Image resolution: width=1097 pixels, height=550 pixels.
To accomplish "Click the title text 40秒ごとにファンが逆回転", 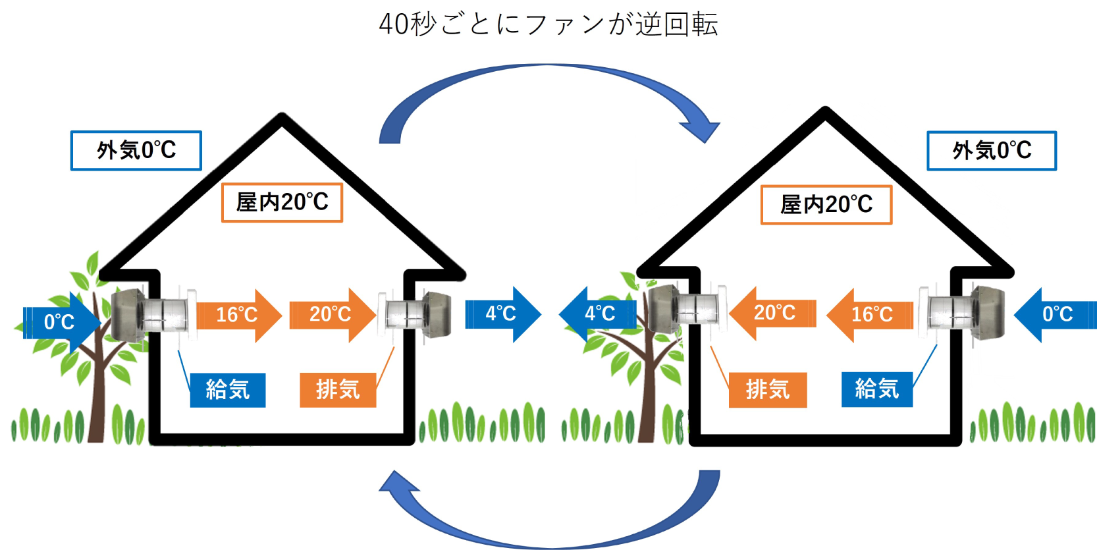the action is tap(548, 24).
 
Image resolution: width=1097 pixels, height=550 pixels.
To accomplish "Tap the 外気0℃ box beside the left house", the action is tap(136, 150).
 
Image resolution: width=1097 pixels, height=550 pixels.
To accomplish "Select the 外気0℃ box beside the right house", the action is tap(992, 150).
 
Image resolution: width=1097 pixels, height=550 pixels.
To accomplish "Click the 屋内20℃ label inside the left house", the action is tap(282, 203).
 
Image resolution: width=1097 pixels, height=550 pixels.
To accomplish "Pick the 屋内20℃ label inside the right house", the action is tap(826, 205).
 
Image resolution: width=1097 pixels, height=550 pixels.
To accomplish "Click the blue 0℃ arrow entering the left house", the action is tap(61, 322).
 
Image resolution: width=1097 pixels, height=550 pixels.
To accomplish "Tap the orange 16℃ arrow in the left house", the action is tap(239, 315).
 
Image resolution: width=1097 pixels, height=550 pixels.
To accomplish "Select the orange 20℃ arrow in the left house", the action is tap(333, 315).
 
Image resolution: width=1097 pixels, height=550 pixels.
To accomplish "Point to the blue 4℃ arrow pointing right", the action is tap(503, 314).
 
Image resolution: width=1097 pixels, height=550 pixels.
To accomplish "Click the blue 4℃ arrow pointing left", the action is tap(597, 314).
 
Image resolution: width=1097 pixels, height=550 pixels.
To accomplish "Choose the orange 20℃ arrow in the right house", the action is tap(773, 314).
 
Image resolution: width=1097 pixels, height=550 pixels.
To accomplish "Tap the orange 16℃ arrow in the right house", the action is tap(870, 314).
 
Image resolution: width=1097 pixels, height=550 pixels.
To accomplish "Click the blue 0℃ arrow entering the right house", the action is tap(1055, 314).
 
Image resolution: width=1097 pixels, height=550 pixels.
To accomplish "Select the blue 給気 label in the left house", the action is tap(228, 391).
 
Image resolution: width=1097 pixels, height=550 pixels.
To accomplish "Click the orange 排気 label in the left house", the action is tap(338, 391).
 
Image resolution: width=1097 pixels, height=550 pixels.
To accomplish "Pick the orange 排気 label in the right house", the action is tap(768, 391).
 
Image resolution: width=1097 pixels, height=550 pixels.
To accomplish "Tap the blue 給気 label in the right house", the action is tap(877, 389).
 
